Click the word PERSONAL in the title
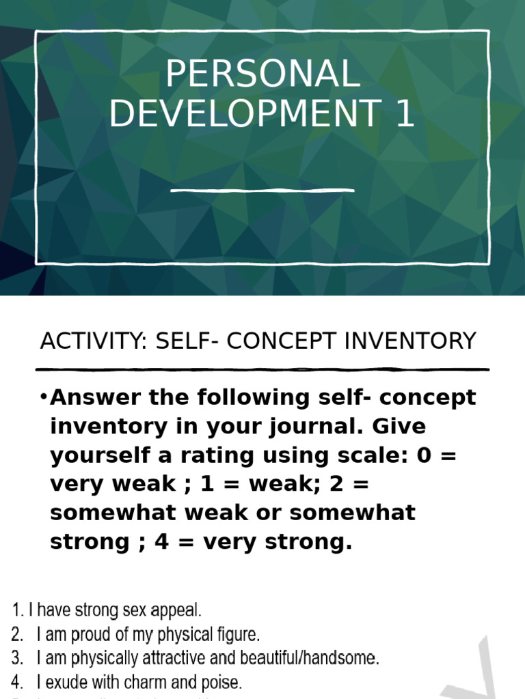pos(262,75)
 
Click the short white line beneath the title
pos(262,190)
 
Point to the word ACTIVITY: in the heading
pos(94,341)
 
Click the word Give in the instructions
pos(399,427)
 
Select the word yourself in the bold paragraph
pos(96,455)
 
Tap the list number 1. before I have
pos(18,610)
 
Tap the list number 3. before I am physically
pos(18,659)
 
